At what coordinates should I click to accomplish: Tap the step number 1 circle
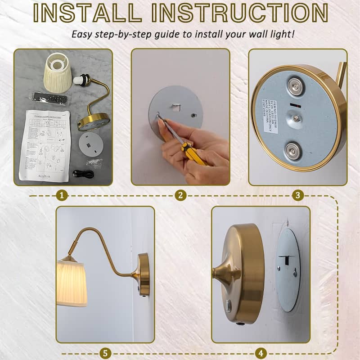63,195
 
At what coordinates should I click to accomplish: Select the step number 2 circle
180,195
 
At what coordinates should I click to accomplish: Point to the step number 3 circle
297,195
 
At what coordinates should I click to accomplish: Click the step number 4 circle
261,353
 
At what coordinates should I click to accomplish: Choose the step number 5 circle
105,353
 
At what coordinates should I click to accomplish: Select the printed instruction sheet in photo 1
45,144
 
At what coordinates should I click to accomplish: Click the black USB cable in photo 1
83,174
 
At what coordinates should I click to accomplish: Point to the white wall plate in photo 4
288,270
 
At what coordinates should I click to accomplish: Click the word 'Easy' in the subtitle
83,35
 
